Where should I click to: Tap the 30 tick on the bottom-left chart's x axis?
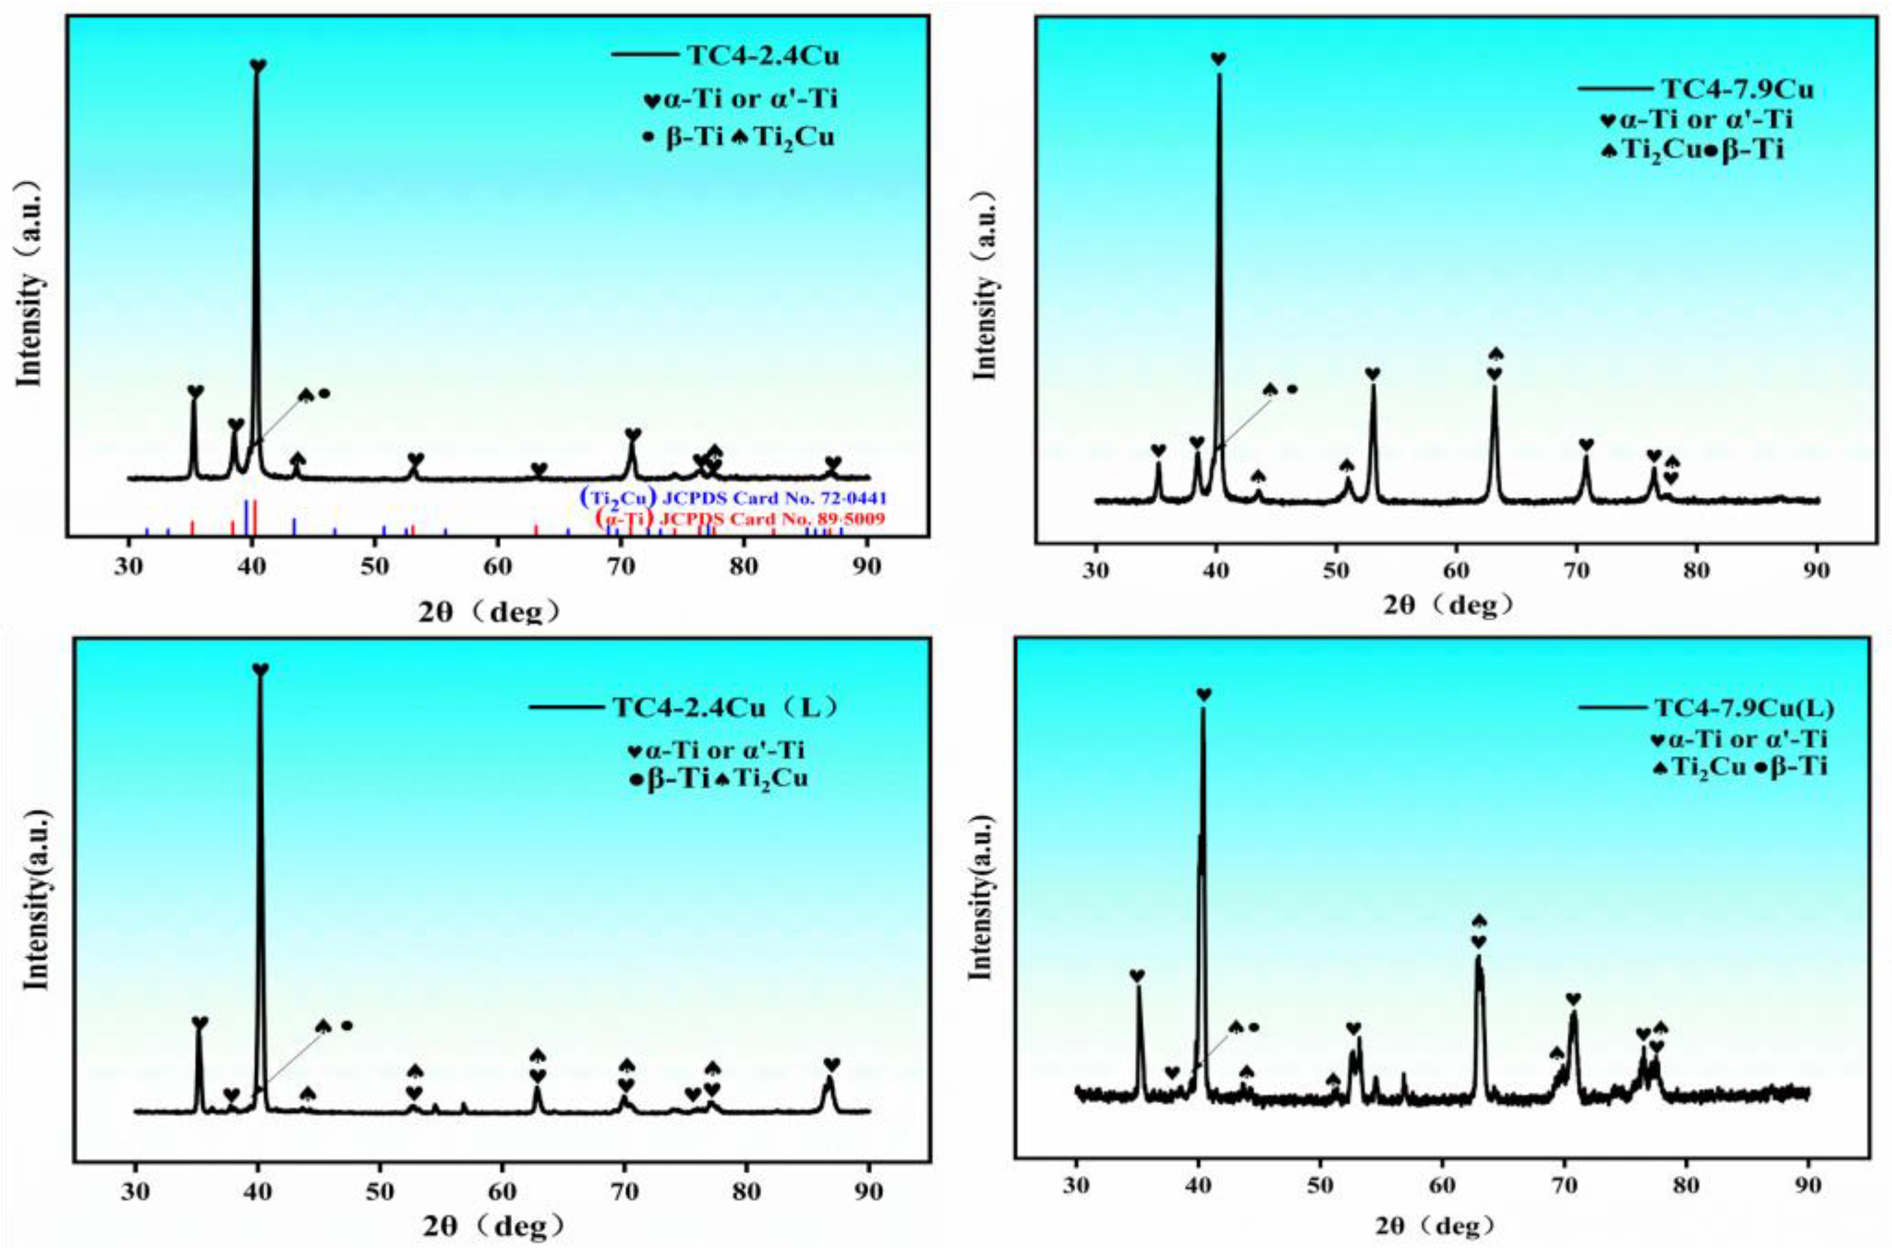point(135,1194)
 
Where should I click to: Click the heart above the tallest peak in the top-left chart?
point(258,65)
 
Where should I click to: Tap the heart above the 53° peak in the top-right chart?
point(1373,374)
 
